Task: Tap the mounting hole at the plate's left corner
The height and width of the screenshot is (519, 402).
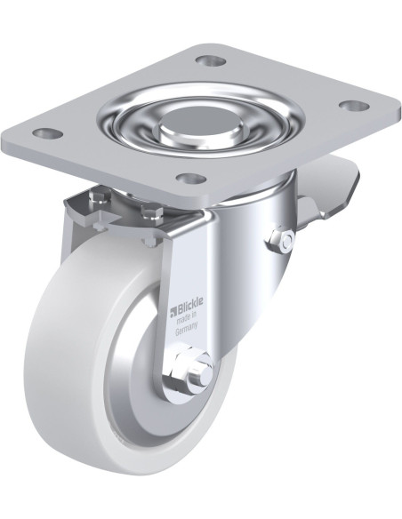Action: point(50,133)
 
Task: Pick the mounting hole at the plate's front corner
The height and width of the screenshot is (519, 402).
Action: point(192,179)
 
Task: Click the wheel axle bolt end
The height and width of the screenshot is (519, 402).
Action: point(202,373)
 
